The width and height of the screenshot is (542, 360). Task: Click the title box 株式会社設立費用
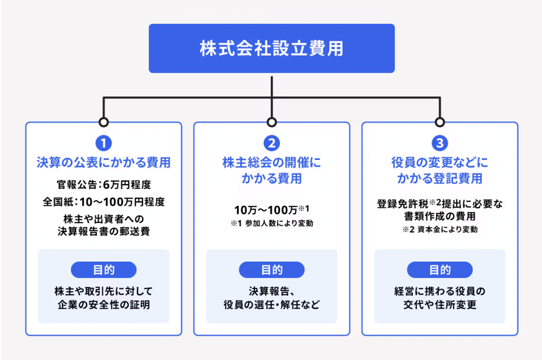tap(272, 48)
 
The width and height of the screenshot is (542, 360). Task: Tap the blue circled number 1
tap(103, 143)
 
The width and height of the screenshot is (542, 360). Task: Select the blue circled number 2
tap(272, 143)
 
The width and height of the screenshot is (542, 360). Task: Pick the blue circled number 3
tap(440, 143)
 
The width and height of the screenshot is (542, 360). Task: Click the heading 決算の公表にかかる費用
tap(104, 163)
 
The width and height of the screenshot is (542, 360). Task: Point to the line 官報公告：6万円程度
tap(104, 185)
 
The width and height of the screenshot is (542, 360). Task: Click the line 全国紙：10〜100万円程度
tap(104, 202)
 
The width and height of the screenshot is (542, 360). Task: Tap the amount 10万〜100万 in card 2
tap(266, 210)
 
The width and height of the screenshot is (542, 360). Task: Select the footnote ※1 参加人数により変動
tap(272, 223)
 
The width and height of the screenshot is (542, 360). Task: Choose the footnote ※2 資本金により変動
tap(440, 230)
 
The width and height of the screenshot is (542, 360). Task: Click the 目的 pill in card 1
tap(104, 270)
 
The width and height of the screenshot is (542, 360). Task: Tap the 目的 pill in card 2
tap(272, 270)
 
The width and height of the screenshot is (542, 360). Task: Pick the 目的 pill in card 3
tap(440, 270)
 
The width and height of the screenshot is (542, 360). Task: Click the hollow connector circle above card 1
tap(103, 118)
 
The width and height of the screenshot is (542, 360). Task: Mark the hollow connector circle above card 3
tap(440, 118)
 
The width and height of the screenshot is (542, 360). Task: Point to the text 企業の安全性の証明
tap(104, 304)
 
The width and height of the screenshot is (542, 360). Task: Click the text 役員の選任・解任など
tap(272, 304)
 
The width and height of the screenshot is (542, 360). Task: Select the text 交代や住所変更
tap(440, 304)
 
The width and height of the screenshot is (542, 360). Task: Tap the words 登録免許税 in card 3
tap(402, 204)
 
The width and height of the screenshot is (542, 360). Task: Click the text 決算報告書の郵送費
tap(104, 231)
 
